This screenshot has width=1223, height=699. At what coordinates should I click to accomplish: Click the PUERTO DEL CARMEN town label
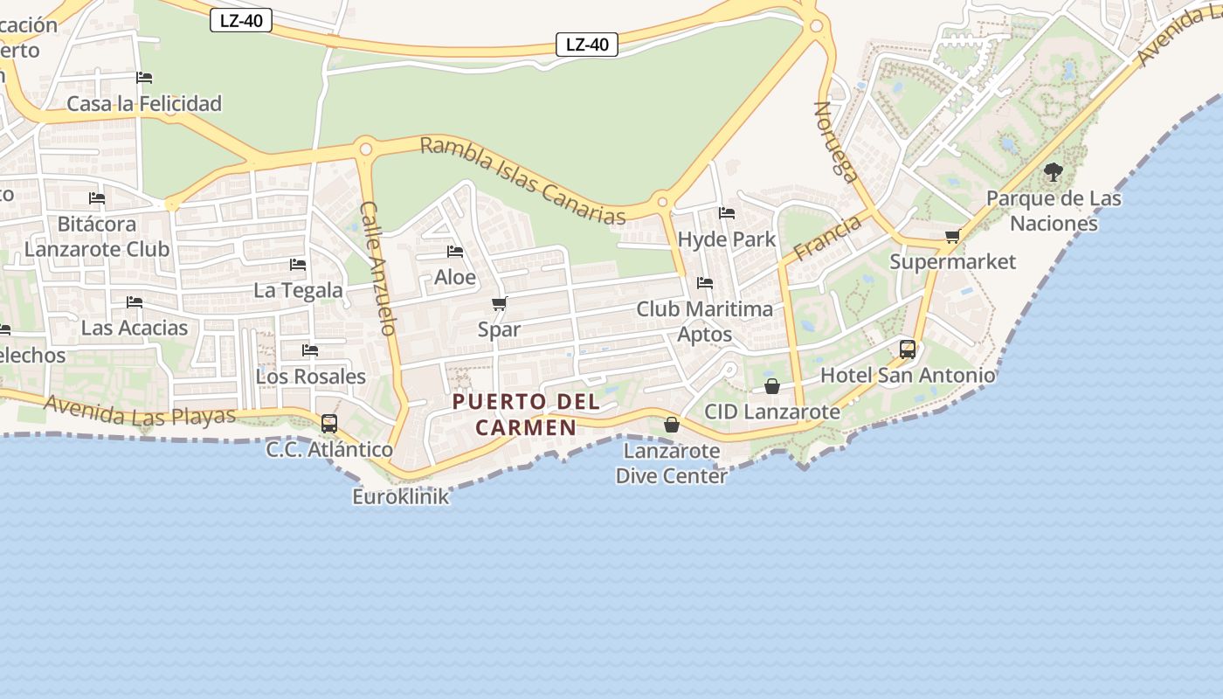pos(527,414)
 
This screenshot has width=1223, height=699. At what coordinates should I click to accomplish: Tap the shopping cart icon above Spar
pos(499,304)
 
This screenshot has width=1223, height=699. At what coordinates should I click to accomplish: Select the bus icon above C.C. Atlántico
pos(329,424)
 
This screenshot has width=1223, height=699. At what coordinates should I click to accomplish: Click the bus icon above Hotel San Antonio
pos(908,349)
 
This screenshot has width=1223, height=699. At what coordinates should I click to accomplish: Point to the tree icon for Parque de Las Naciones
pos(1054,172)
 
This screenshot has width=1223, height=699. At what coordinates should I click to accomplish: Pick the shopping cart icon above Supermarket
pos(952,236)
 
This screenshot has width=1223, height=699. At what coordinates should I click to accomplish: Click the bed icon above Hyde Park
pos(726,213)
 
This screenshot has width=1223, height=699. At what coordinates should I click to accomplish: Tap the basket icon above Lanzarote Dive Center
pos(671,426)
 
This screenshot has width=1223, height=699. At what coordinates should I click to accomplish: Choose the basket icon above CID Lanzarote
pos(772,386)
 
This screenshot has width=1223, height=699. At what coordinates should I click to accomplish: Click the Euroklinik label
pos(401,496)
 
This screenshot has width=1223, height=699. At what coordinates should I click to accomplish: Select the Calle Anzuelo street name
pos(380,268)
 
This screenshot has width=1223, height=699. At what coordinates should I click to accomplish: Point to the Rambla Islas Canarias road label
pos(523,181)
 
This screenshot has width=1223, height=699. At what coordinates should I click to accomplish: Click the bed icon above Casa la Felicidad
pos(144,78)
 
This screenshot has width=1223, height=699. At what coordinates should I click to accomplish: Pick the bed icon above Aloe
pos(455,252)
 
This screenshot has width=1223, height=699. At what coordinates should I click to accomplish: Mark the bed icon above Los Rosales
pos(310,350)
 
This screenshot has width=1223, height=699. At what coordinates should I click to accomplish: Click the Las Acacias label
pos(135,328)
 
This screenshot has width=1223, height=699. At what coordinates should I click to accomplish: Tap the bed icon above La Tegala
pos(298,264)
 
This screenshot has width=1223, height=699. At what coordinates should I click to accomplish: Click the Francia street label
pos(826,238)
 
